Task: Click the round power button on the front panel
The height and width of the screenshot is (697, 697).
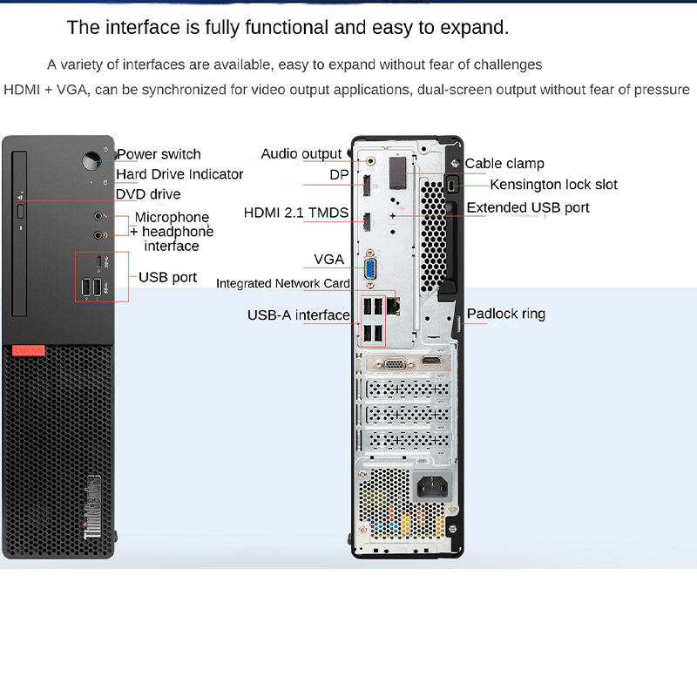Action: point(91,161)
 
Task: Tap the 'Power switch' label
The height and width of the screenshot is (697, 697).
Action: point(159,154)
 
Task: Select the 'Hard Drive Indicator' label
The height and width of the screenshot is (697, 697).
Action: point(179,174)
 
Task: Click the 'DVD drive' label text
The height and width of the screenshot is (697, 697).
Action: point(148,193)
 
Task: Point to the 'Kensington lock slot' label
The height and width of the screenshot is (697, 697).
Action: point(553,185)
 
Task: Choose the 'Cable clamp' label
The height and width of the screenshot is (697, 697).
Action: point(504,164)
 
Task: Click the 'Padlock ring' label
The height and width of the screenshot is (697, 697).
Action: point(506,314)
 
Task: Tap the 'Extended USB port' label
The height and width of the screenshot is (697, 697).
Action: point(528,207)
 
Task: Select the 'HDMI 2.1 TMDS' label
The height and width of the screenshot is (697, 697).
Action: point(296,213)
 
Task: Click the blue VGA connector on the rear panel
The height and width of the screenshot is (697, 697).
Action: point(369,269)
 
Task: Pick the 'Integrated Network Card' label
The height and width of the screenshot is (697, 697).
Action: point(283,283)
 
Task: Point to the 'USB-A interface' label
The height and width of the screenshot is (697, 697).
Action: point(298,315)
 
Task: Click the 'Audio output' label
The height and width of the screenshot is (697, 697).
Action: point(301,154)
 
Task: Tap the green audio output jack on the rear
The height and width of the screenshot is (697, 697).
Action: point(372,160)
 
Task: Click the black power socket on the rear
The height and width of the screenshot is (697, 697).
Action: point(433,486)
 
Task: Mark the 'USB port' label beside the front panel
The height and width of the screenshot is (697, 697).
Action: point(168,278)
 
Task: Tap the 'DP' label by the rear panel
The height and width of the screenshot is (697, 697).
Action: point(339,174)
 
